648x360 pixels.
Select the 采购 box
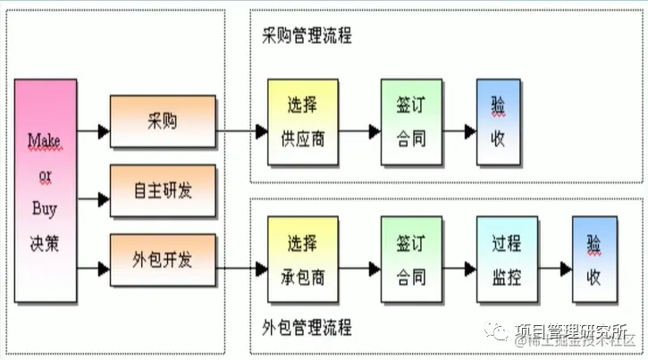[x=162, y=121]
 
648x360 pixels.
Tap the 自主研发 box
[x=162, y=189]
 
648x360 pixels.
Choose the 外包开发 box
[x=162, y=260]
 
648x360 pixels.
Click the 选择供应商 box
[x=304, y=121]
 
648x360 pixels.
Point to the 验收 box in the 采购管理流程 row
[x=496, y=121]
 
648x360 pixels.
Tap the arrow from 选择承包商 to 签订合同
[x=360, y=268]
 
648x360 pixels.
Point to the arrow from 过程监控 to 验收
[x=555, y=268]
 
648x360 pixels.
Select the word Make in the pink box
[x=43, y=140]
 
